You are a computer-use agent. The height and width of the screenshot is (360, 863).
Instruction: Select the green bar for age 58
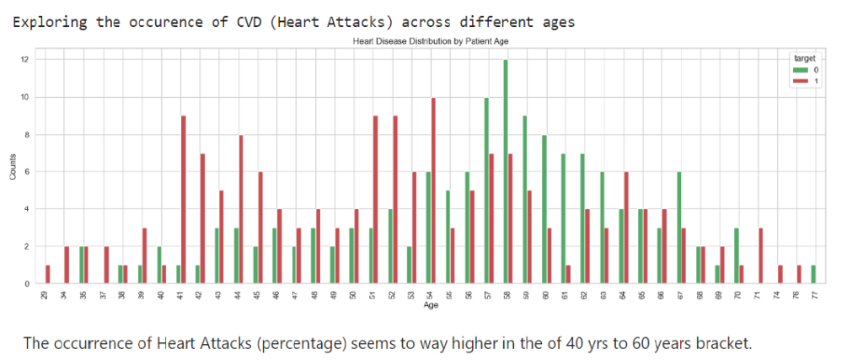506,172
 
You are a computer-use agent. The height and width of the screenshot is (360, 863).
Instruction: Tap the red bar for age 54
433,191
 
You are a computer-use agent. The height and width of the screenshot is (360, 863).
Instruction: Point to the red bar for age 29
48,275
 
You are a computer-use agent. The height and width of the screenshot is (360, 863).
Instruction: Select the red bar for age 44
241,209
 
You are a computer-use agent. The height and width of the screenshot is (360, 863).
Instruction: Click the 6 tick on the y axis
27,172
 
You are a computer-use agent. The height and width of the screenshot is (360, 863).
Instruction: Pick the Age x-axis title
431,306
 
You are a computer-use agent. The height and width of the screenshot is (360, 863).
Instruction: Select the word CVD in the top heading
249,22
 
